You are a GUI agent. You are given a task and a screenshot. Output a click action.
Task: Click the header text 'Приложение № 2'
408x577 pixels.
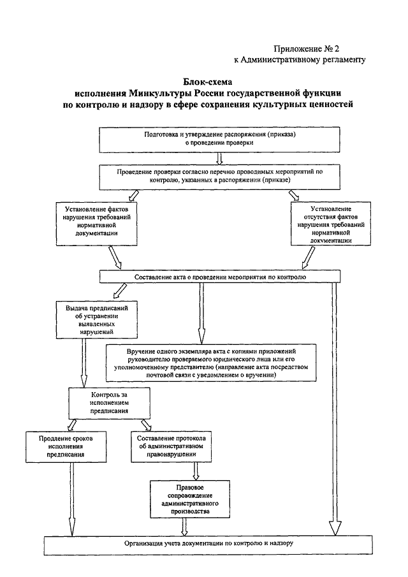306,49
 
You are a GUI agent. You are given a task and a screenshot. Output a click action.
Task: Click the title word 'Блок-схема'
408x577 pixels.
207,82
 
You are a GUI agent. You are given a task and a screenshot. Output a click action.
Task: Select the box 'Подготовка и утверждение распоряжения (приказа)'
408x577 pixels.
219,140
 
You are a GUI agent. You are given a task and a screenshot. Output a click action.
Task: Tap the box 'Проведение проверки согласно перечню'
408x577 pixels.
219,177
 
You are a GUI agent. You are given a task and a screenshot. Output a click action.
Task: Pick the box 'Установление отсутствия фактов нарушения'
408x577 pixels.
330,223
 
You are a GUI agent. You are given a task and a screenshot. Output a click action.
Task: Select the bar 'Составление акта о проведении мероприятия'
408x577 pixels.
220,277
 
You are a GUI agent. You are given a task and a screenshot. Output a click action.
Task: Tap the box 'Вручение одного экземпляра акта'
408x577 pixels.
211,363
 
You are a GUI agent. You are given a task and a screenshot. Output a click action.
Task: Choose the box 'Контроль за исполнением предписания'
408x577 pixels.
109,403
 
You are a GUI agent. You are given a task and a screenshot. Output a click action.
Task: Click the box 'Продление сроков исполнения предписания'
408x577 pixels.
66,447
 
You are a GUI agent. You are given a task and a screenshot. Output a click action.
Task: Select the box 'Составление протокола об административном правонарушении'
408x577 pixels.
171,446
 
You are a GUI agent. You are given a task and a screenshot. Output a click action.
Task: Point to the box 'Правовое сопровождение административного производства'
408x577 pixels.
190,499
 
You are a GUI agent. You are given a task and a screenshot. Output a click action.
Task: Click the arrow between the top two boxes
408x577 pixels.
219,159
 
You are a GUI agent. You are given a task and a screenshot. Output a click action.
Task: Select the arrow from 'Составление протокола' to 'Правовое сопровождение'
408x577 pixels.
196,471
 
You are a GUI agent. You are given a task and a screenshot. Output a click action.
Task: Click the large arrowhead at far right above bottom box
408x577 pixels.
335,529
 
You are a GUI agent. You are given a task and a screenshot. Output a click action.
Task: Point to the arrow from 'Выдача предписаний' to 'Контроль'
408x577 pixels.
84,363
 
